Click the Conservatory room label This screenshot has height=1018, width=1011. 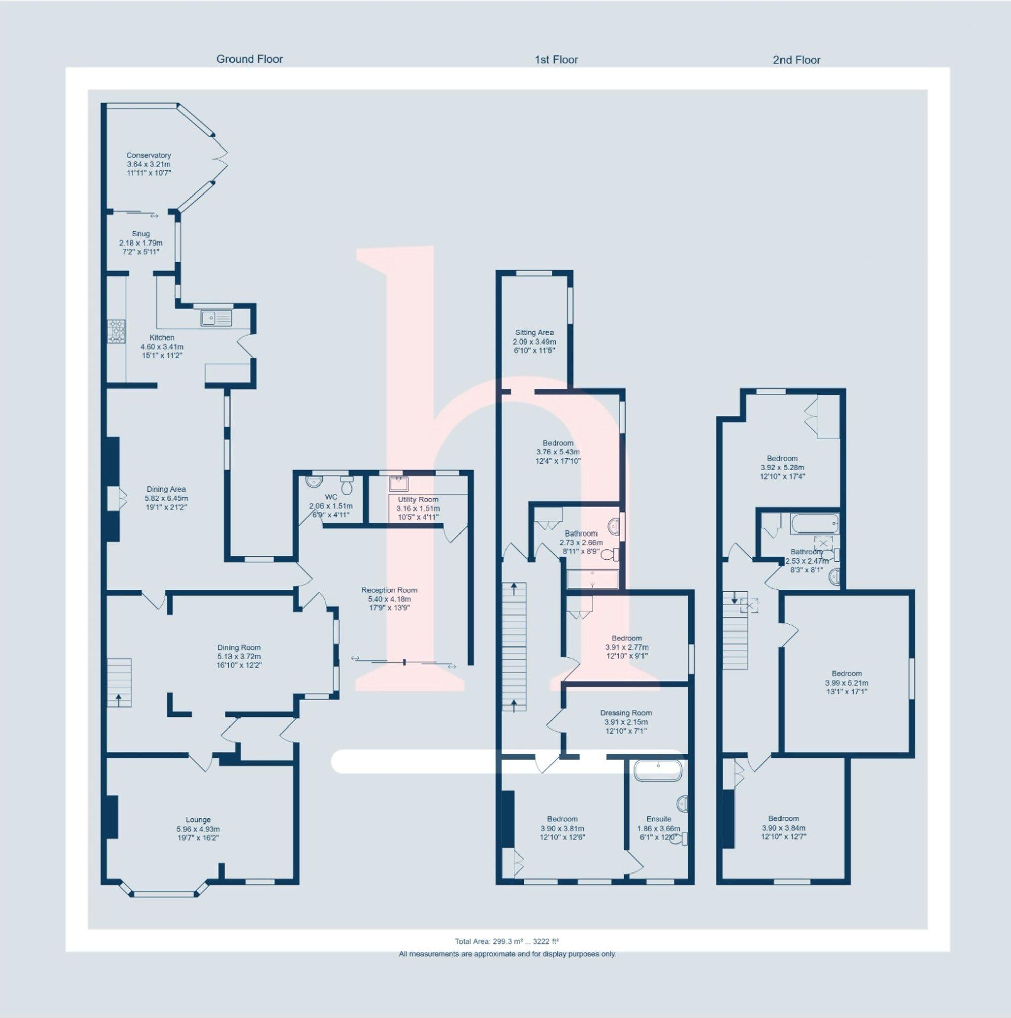point(149,155)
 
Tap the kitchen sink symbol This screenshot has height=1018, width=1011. point(215,318)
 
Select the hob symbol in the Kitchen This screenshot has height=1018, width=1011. point(116,331)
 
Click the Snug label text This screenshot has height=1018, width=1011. point(141,234)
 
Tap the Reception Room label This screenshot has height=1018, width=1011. point(389,590)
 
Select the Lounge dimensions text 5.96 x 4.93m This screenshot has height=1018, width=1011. point(198,829)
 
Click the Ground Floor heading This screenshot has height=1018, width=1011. point(249,59)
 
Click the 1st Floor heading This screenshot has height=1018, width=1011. point(556,60)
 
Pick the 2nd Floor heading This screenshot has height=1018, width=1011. point(797,60)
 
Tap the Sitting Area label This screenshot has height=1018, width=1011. point(534,332)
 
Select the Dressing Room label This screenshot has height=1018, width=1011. point(626,713)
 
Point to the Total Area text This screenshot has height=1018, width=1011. point(506,941)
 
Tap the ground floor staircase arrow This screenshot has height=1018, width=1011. point(118,699)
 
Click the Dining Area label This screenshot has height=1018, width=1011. point(166,489)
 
